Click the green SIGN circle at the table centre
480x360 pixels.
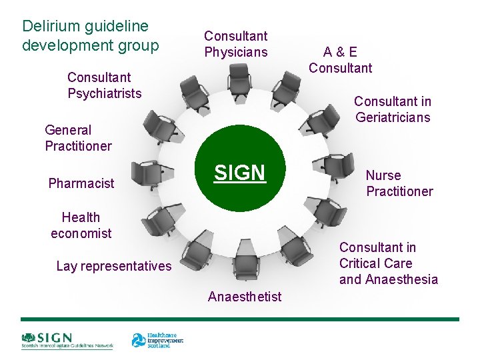pyautogui.click(x=239, y=173)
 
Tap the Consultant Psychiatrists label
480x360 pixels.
pyautogui.click(x=104, y=85)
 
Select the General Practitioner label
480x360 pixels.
pyautogui.click(x=78, y=138)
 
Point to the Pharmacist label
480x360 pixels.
pyautogui.click(x=81, y=183)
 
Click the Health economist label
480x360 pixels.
pyautogui.click(x=81, y=225)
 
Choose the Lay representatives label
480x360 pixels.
pyautogui.click(x=113, y=266)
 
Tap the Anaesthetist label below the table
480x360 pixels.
pyautogui.click(x=245, y=297)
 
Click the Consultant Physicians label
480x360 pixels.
pyautogui.click(x=235, y=44)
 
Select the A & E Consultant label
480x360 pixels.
pyautogui.click(x=340, y=59)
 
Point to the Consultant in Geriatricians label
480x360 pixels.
pyautogui.click(x=392, y=109)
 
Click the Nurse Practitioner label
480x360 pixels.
pyautogui.click(x=399, y=183)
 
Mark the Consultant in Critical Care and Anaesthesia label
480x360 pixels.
pyautogui.click(x=388, y=263)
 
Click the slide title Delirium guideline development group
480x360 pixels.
pyautogui.click(x=91, y=36)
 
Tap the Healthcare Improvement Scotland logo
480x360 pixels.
pyautogui.click(x=157, y=340)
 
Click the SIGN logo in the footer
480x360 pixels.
pyautogui.click(x=67, y=340)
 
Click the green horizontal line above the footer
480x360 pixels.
pyautogui.click(x=240, y=319)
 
